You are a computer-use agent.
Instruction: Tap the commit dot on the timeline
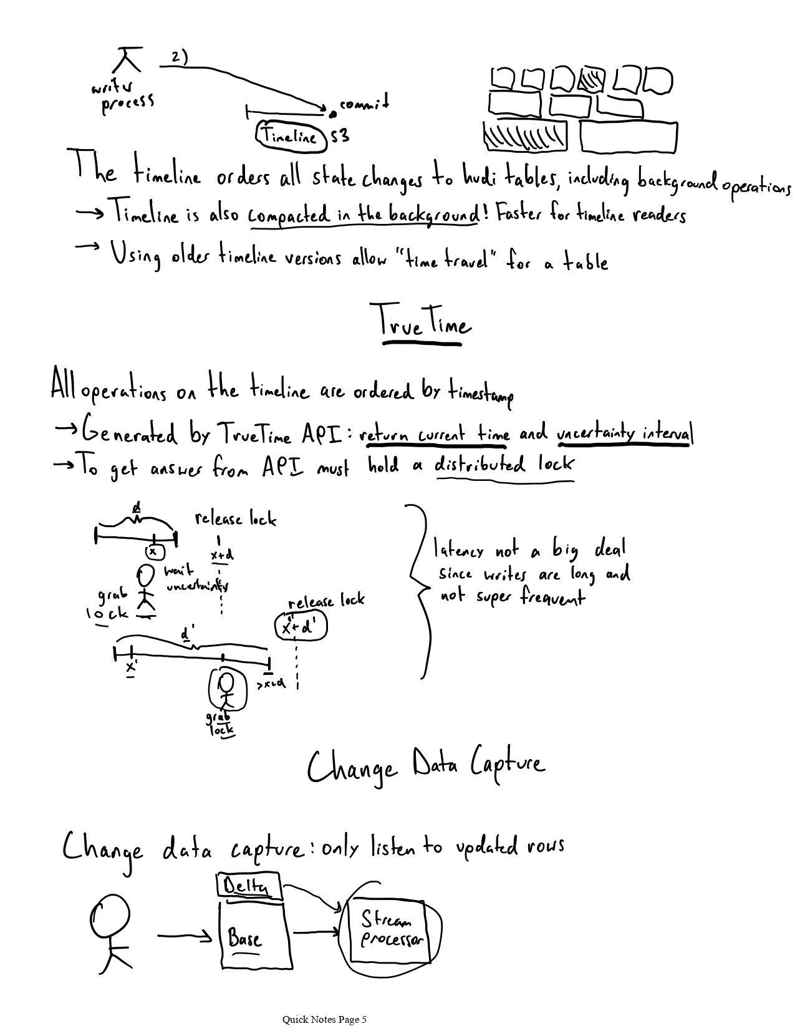[x=333, y=114]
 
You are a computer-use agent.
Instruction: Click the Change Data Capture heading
[x=426, y=767]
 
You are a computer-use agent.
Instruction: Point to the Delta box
[x=248, y=886]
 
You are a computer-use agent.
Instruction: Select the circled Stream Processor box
[x=392, y=930]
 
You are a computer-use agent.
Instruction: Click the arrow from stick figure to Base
[x=186, y=936]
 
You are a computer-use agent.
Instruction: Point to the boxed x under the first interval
[x=153, y=551]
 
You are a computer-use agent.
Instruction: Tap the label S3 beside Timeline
[x=340, y=135]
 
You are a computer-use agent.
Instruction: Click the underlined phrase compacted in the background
[x=364, y=216]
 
